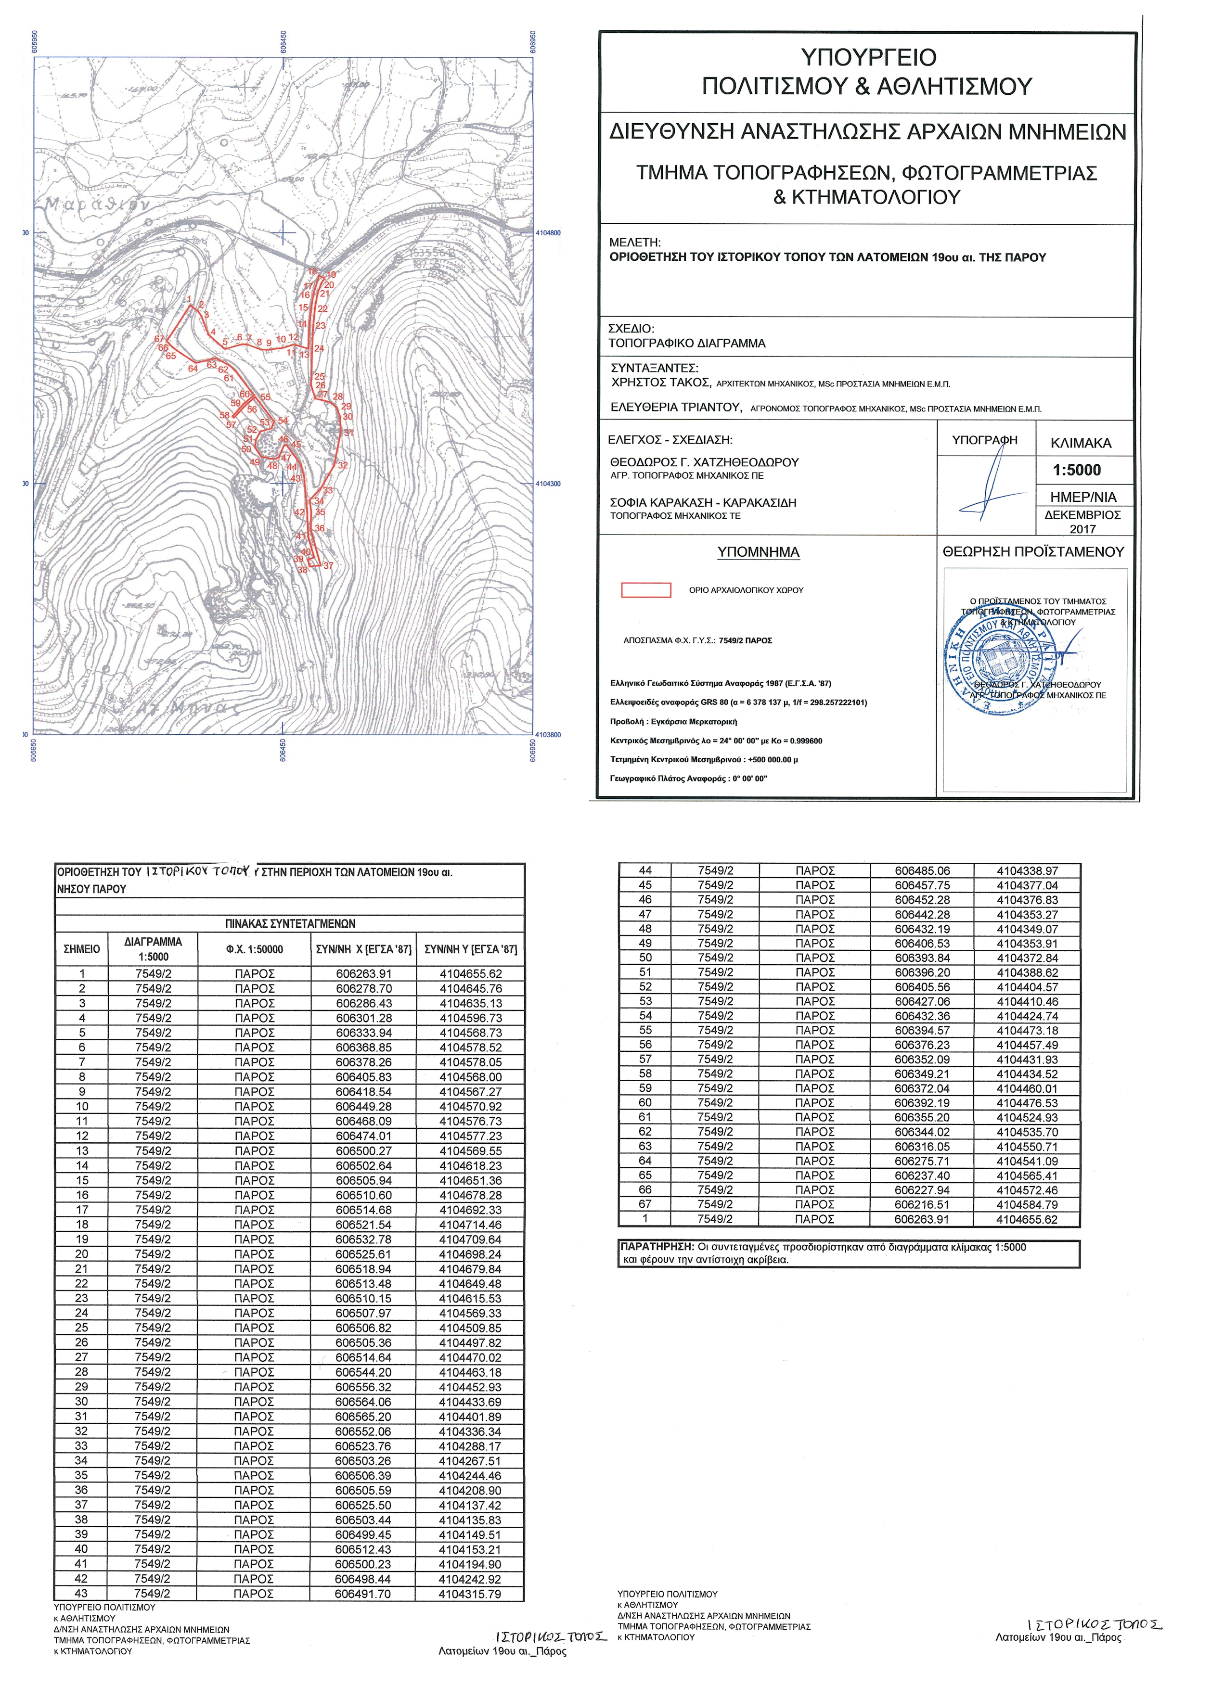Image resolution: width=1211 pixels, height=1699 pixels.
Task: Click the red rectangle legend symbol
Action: pyautogui.click(x=646, y=590)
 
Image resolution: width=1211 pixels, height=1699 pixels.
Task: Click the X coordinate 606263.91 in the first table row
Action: pyautogui.click(x=363, y=973)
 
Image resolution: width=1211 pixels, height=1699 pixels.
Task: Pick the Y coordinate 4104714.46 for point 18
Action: pyautogui.click(x=470, y=1225)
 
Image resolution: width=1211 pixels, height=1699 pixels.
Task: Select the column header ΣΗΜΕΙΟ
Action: pyautogui.click(x=82, y=949)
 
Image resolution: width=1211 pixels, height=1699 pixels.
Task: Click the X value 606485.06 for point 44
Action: pyautogui.click(x=922, y=871)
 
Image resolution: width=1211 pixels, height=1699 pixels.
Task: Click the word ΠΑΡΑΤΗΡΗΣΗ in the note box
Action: pyautogui.click(x=656, y=1247)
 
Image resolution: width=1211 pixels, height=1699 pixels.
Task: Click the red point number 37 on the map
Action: pyautogui.click(x=328, y=566)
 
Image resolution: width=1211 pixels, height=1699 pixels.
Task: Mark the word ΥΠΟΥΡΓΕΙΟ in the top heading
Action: pyautogui.click(x=868, y=57)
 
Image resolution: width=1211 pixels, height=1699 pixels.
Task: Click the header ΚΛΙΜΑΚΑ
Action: pyautogui.click(x=1081, y=443)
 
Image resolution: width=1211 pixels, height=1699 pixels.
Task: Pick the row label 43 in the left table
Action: pyautogui.click(x=81, y=1594)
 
